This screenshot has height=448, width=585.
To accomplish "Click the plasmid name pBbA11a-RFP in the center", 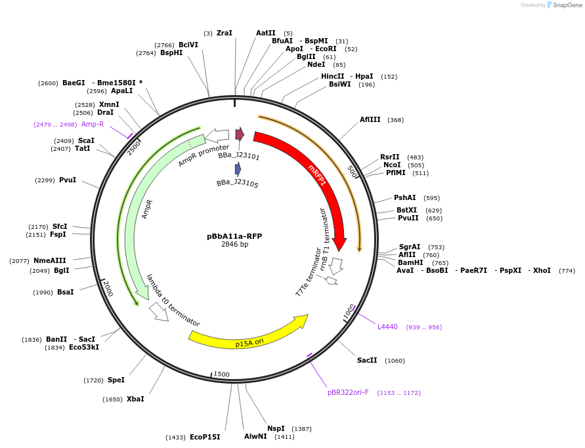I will pos(234,236).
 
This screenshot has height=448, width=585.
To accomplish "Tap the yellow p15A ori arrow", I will pos(249,335).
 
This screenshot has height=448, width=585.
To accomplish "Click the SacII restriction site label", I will pos(367,360).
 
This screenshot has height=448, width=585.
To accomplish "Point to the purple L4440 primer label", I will pos(387,327).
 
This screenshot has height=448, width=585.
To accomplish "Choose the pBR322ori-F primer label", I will pos(348,392).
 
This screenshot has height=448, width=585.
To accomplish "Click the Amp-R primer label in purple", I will pos(93,124).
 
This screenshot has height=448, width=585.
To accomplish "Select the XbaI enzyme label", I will pos(135,399).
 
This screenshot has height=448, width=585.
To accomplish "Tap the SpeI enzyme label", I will pos(116,380).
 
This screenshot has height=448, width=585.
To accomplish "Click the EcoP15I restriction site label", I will pos(205,437).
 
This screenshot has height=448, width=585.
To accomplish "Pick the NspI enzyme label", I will pos(276,428).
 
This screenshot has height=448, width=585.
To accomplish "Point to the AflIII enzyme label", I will pos(370,119).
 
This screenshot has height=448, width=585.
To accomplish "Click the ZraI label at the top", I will pos(225,33).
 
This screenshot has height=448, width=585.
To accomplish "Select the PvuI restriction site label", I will pos(68,180).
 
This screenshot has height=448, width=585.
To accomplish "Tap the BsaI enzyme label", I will pos(66,292).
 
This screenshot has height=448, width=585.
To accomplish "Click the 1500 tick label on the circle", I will pos(221,374).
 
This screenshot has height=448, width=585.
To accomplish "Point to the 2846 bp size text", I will pos(234,245).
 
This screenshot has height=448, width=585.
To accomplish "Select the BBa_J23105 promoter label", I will pos(238,184).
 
